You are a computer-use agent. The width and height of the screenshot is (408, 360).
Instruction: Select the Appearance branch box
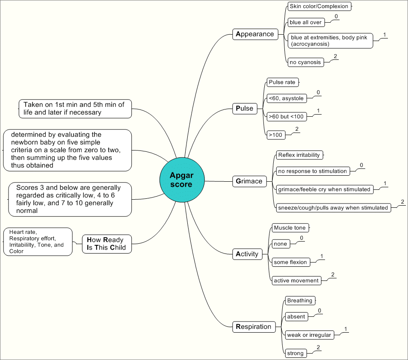(x=255, y=34)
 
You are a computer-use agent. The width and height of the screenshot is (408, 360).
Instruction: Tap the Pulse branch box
(x=244, y=108)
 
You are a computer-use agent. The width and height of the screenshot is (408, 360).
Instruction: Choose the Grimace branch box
(x=249, y=181)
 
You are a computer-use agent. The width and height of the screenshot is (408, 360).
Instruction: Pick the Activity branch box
(x=247, y=254)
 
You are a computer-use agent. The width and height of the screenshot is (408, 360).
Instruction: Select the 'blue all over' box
(x=305, y=22)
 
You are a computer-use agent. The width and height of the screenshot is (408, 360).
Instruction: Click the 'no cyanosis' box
(x=305, y=62)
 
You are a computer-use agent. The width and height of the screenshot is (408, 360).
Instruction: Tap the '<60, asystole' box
(x=286, y=98)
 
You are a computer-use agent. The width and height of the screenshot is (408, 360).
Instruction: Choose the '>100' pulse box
(x=276, y=135)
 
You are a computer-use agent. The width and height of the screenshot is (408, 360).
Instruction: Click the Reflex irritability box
(x=299, y=155)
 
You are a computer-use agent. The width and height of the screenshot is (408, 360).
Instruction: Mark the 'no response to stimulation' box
(x=312, y=171)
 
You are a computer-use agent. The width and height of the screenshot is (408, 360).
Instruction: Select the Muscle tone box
(x=290, y=228)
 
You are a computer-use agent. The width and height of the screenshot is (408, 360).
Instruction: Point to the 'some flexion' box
(x=290, y=262)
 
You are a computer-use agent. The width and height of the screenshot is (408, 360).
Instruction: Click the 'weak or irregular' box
(x=309, y=335)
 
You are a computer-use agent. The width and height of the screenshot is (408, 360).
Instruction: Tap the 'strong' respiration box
(x=296, y=353)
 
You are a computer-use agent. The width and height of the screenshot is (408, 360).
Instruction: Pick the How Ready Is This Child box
(x=106, y=243)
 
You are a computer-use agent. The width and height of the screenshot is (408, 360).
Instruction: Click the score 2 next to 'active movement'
(x=332, y=274)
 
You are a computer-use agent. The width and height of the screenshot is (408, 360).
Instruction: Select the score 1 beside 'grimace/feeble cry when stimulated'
(x=385, y=183)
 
